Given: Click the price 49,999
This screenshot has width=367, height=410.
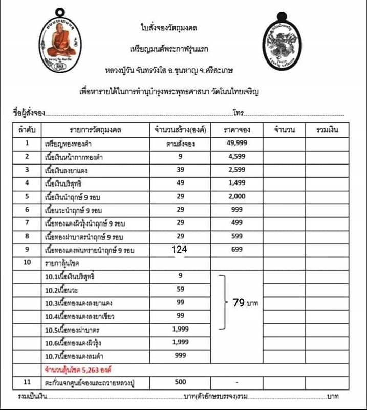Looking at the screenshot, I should (x=236, y=143).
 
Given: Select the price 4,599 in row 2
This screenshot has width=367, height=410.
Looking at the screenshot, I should (x=236, y=157).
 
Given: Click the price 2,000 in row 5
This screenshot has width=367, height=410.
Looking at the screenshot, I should (x=236, y=196).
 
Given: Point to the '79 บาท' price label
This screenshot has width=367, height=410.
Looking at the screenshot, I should (x=245, y=303).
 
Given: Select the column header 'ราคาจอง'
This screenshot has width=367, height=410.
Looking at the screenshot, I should (x=236, y=130).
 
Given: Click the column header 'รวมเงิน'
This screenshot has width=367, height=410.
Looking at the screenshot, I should (x=325, y=130).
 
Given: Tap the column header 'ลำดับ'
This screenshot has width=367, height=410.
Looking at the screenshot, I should (x=27, y=130).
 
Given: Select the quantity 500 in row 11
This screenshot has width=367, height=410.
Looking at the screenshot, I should (x=181, y=382).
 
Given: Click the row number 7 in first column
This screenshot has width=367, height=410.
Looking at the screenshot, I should (x=27, y=223).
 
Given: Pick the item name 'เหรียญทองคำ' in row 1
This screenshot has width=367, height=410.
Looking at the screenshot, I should (x=69, y=144).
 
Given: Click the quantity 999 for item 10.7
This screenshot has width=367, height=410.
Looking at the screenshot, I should (x=181, y=355).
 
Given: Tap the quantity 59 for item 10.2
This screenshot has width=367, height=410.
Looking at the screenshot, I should (x=181, y=289).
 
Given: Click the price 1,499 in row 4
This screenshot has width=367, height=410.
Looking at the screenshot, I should (x=236, y=183).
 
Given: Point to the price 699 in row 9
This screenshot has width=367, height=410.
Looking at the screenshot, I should (x=236, y=249).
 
